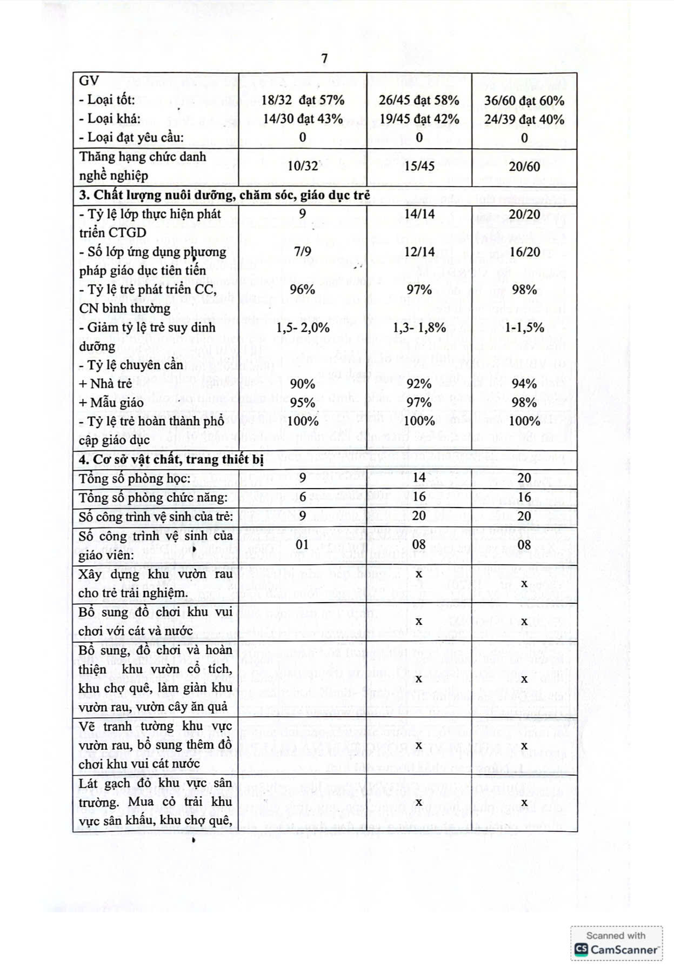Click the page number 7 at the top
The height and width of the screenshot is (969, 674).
tap(324, 58)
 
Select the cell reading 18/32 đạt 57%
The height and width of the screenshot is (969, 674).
tap(303, 101)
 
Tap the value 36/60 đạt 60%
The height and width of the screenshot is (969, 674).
tap(524, 101)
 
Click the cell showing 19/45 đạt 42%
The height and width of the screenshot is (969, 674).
tap(419, 119)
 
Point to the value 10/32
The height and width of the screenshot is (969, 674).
tap(303, 166)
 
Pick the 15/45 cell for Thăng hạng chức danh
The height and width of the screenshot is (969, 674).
tap(419, 166)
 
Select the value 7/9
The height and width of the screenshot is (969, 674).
tap(302, 252)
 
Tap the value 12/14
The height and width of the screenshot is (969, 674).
tap(419, 252)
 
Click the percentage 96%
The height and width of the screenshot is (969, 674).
tap(302, 290)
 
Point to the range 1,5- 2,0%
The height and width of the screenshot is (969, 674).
tap(303, 328)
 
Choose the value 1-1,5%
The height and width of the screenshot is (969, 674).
tap(524, 328)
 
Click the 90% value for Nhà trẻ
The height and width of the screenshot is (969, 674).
tap(302, 384)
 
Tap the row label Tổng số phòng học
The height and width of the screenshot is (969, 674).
tap(135, 479)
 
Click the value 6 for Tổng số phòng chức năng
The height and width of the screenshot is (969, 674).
tap(302, 497)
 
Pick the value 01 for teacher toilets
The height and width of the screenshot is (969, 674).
tap(302, 545)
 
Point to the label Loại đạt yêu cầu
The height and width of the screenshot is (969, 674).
tap(131, 137)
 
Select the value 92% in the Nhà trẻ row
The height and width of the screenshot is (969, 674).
tap(419, 384)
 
